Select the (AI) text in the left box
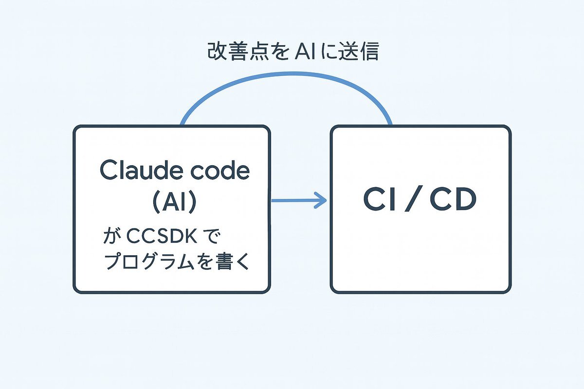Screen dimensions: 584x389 point(174,202)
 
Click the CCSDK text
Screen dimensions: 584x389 point(162,236)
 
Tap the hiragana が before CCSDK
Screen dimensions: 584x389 point(112,235)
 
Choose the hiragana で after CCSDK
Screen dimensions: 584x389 point(211,235)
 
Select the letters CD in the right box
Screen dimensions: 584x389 point(453,199)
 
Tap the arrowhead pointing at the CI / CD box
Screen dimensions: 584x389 point(321,200)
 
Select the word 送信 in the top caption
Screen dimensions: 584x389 point(358,52)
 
